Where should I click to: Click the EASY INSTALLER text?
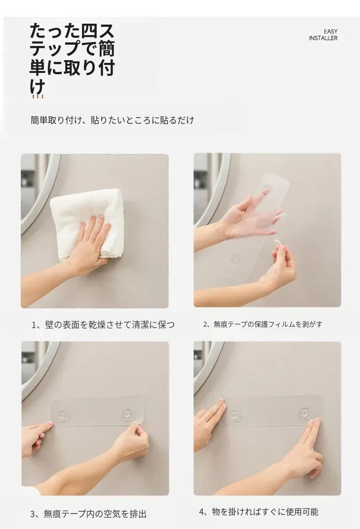tap(323, 35)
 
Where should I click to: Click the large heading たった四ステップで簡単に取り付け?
tap(72, 58)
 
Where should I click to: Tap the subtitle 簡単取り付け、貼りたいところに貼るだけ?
tap(113, 120)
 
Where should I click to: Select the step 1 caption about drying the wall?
tap(103, 324)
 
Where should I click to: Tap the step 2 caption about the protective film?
tap(262, 324)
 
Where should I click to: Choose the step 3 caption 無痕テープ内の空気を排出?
tap(88, 514)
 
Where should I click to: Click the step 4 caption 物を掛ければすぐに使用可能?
tap(259, 512)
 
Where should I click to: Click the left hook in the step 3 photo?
tap(63, 415)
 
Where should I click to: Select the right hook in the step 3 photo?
tap(127, 414)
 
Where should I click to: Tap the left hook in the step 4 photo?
tap(234, 416)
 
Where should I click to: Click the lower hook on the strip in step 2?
tap(235, 259)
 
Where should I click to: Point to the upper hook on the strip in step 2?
tap(267, 190)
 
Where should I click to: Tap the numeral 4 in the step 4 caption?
tap(202, 512)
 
